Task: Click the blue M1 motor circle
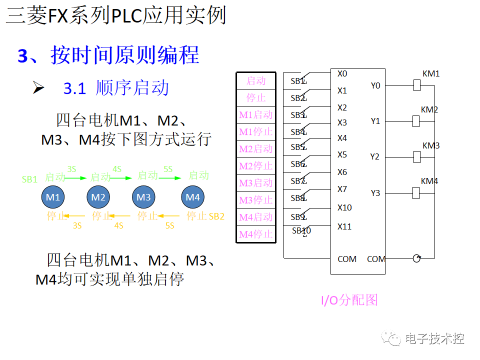click(x=53, y=197)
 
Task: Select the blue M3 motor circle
click(x=143, y=197)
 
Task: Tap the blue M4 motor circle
click(x=192, y=197)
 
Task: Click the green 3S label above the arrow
click(x=71, y=169)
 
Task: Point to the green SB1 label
click(x=29, y=179)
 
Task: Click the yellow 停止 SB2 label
click(x=205, y=216)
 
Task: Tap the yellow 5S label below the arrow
click(x=169, y=226)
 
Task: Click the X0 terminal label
click(x=342, y=74)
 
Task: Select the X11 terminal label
click(x=344, y=226)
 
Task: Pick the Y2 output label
click(x=375, y=156)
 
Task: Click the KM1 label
click(x=431, y=74)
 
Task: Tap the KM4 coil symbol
click(x=416, y=192)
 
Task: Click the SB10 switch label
click(x=301, y=230)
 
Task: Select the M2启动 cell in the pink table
click(x=255, y=149)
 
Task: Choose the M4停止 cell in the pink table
click(x=255, y=234)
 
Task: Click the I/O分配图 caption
click(x=349, y=300)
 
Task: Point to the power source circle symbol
click(x=416, y=258)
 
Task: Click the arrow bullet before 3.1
click(x=38, y=87)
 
